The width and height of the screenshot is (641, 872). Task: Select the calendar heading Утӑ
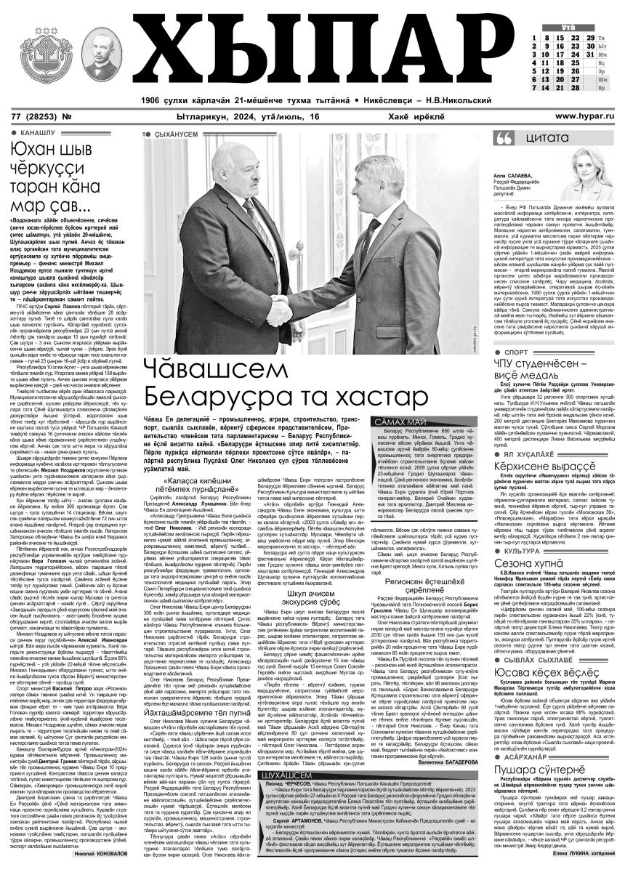(x=568, y=26)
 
